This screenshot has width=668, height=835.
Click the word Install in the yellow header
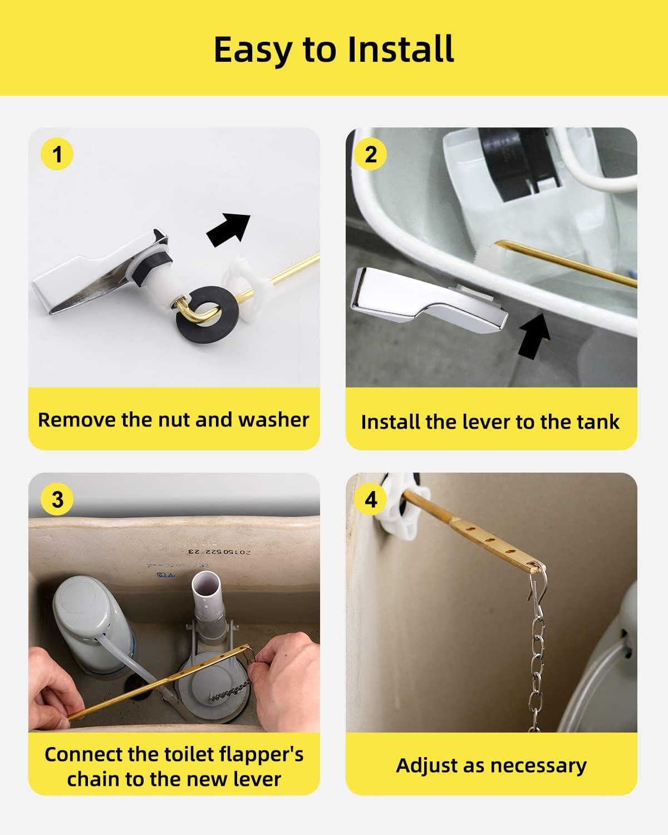pyautogui.click(x=401, y=50)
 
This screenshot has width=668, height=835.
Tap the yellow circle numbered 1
pyautogui.click(x=57, y=154)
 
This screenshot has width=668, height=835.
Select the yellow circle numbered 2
pyautogui.click(x=371, y=154)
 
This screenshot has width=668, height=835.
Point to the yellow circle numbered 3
pyautogui.click(x=57, y=499)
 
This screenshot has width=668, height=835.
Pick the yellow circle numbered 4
pyautogui.click(x=371, y=499)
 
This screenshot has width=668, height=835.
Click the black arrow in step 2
pyautogui.click(x=534, y=336)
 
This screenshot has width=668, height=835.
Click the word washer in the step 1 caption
pyautogui.click(x=273, y=420)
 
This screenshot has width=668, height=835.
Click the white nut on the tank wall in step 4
pyautogui.click(x=404, y=504)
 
